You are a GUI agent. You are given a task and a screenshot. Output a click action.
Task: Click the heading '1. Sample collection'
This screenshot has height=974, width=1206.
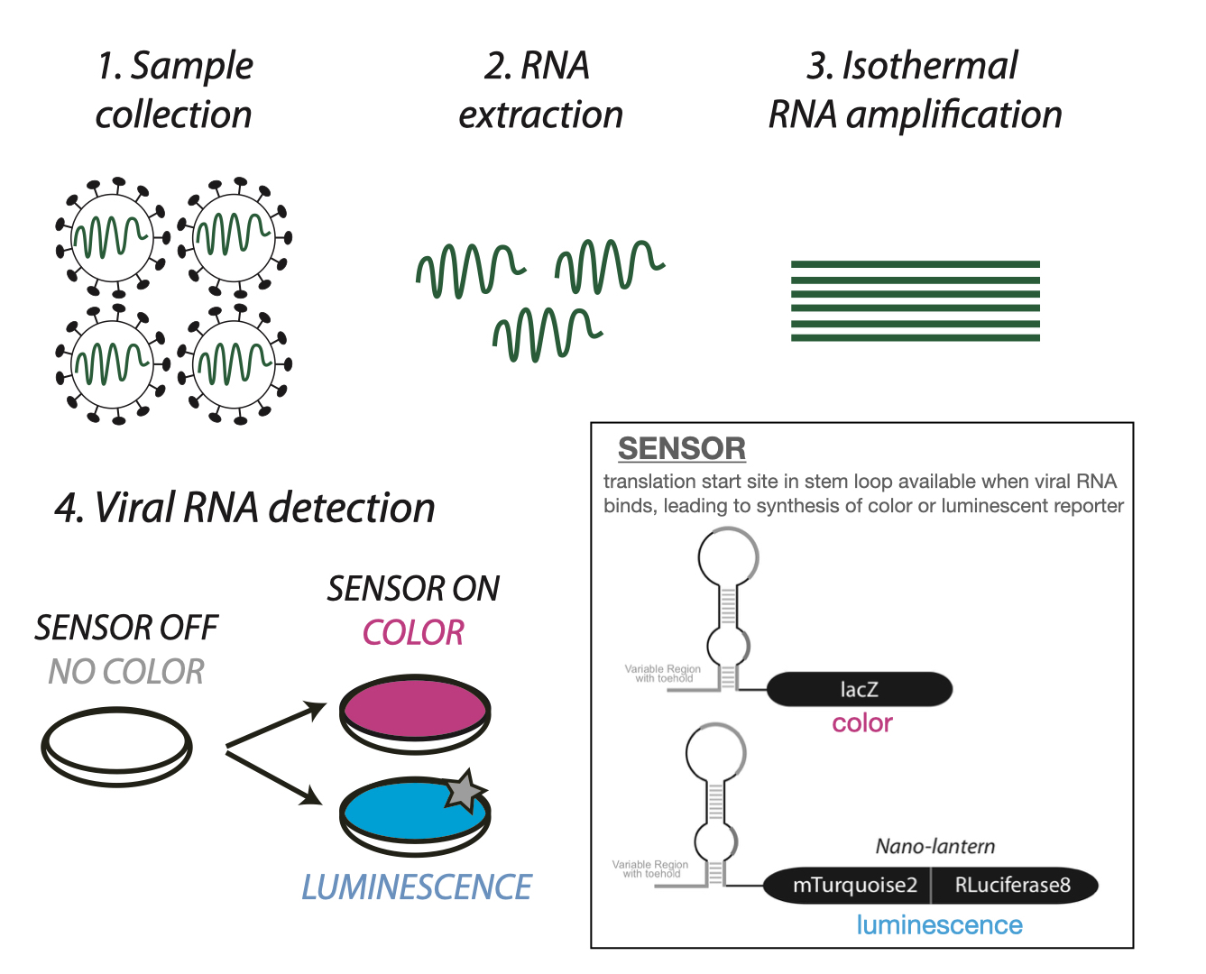pos(174,90)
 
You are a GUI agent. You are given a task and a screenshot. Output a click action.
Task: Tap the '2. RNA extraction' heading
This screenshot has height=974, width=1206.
pos(540,90)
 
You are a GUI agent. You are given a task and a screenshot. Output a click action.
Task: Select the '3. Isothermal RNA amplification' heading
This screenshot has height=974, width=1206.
pos(914,90)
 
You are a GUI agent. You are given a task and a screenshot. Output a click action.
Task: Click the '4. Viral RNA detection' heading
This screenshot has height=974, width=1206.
pos(244,508)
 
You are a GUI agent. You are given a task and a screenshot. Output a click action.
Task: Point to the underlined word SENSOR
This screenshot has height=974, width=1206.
pos(682,448)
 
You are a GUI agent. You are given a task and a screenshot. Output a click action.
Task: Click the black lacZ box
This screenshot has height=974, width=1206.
pos(859,690)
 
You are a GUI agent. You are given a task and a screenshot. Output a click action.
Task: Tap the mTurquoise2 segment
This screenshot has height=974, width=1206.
pos(853,886)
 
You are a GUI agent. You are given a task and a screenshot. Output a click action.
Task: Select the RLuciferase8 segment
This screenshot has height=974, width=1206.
pos(1012,886)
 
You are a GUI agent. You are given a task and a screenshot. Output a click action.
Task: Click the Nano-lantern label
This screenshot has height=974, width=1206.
pos(935,847)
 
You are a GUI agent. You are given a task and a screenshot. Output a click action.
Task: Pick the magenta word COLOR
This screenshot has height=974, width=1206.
pos(413,633)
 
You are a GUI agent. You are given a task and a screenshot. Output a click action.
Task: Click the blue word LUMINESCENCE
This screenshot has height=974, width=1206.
pos(417,887)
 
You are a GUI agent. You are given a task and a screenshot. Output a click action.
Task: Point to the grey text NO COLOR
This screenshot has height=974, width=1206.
pos(126,672)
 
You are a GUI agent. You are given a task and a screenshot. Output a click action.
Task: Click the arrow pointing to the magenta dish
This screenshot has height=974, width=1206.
pos(275,727)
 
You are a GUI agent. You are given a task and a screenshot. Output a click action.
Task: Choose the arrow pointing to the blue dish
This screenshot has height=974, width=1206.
pos(275,776)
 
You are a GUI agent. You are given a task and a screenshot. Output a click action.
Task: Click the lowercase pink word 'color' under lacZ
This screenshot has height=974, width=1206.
pos(862,723)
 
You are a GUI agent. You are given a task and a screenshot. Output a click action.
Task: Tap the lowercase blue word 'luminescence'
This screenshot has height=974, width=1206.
pos(939,925)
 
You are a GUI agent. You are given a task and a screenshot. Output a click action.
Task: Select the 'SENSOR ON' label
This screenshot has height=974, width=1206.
pos(413,589)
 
